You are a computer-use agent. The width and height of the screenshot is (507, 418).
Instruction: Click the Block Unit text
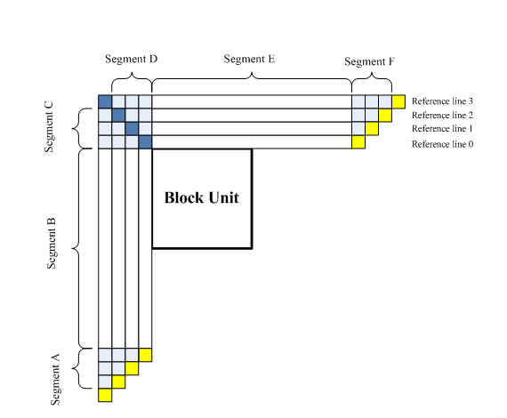pyautogui.click(x=202, y=197)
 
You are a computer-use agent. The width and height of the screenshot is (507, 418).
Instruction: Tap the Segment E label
pyautogui.click(x=249, y=59)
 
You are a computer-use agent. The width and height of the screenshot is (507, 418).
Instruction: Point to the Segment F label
pyautogui.click(x=369, y=61)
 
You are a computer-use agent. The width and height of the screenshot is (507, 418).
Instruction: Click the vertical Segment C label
pyautogui.click(x=50, y=128)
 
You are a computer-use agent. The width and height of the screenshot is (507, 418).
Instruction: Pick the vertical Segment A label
pyautogui.click(x=54, y=377)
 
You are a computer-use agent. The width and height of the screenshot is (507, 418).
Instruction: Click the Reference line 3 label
pyautogui.click(x=442, y=100)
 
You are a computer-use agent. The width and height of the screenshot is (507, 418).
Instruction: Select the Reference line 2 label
pyautogui.click(x=442, y=115)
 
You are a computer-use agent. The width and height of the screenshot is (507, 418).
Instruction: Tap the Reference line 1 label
pyautogui.click(x=442, y=129)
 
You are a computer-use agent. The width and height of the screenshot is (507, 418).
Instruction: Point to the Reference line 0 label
pyautogui.click(x=442, y=143)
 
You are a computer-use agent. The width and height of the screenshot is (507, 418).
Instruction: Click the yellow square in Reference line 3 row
pyautogui.click(x=398, y=101)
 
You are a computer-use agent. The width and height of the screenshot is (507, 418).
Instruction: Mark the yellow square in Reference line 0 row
pyautogui.click(x=358, y=142)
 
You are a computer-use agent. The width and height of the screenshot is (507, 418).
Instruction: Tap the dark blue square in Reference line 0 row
pyautogui.click(x=145, y=142)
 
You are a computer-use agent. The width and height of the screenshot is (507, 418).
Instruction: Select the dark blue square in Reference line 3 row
pyautogui.click(x=104, y=101)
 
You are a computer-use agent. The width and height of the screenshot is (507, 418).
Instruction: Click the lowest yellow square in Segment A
pyautogui.click(x=104, y=395)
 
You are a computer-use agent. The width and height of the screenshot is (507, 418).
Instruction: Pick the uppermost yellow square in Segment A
pyautogui.click(x=145, y=355)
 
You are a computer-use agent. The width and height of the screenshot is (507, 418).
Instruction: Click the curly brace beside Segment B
pyautogui.click(x=82, y=247)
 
